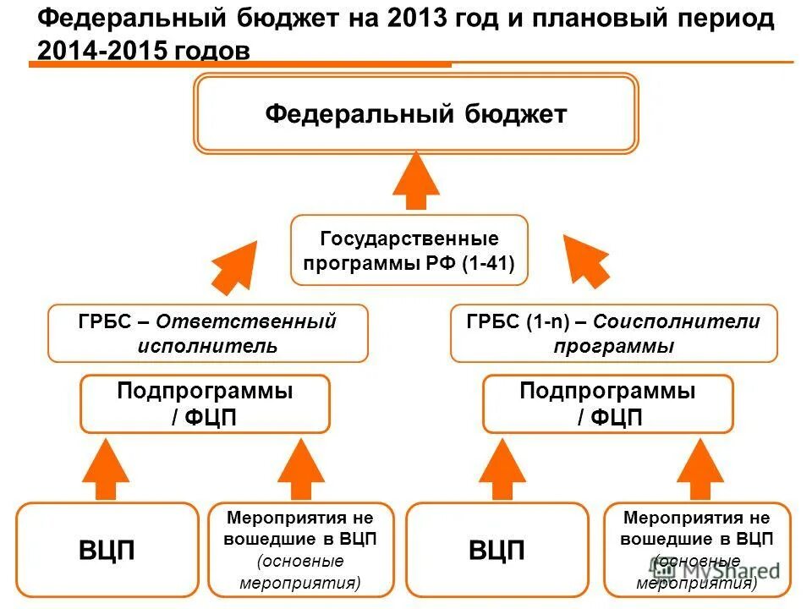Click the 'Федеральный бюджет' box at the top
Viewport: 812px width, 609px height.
pyautogui.click(x=415, y=114)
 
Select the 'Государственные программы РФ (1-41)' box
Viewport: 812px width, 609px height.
pyautogui.click(x=409, y=250)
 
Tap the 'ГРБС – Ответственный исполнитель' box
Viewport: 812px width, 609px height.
pyautogui.click(x=208, y=333)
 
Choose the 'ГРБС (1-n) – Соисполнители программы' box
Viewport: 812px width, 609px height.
pyautogui.click(x=613, y=333)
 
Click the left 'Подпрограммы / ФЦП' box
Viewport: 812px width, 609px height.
pyautogui.click(x=205, y=404)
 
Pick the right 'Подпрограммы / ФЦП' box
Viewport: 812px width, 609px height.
pyautogui.click(x=607, y=404)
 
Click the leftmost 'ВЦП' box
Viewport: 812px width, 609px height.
pyautogui.click(x=107, y=550)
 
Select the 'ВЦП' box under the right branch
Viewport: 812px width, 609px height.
pyautogui.click(x=497, y=550)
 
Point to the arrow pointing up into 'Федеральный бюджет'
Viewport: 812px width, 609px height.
pyautogui.click(x=416, y=179)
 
